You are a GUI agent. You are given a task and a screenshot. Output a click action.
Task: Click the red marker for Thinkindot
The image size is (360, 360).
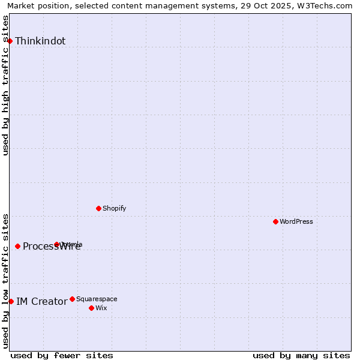pyautogui.click(x=10, y=41)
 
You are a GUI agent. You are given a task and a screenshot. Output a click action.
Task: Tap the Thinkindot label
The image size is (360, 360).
pyautogui.click(x=40, y=41)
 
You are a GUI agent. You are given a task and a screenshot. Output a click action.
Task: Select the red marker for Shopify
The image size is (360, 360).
pyautogui.click(x=98, y=208)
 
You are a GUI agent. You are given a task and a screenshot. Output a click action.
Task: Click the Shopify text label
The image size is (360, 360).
pyautogui.click(x=114, y=208)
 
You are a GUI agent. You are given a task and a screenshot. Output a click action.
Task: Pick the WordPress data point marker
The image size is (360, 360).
pyautogui.click(x=275, y=221)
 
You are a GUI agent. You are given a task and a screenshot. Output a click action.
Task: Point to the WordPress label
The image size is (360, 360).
pyautogui.click(x=296, y=221)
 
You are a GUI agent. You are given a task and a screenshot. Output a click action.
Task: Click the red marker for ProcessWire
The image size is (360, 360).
pyautogui.click(x=18, y=246)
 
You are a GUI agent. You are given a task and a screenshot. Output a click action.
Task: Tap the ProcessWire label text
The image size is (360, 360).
pyautogui.click(x=52, y=247)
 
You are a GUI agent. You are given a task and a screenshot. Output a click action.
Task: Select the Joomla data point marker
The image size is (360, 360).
pyautogui.click(x=57, y=244)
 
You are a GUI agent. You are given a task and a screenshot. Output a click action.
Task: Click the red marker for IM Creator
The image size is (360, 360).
pyautogui.click(x=11, y=301)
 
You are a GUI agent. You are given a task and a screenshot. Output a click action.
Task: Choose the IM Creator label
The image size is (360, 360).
pyautogui.click(x=41, y=301)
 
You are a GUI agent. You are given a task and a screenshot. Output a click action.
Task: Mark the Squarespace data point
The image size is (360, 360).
pyautogui.click(x=72, y=299)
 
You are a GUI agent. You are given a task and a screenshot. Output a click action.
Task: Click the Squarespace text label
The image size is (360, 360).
pyautogui.click(x=97, y=299)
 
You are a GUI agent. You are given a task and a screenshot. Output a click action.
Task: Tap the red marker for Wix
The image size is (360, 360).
pyautogui.click(x=91, y=308)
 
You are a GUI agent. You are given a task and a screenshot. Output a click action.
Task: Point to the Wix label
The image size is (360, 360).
pyautogui.click(x=101, y=308)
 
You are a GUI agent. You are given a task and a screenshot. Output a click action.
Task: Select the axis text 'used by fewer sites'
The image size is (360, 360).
pyautogui.click(x=62, y=355)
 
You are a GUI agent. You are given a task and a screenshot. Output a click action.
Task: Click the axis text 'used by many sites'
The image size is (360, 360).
pyautogui.click(x=301, y=355)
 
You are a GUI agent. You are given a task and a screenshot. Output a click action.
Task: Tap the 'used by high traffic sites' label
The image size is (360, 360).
pyautogui.click(x=5, y=85)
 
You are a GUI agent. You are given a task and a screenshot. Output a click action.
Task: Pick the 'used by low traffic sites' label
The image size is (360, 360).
pyautogui.click(x=5, y=281)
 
